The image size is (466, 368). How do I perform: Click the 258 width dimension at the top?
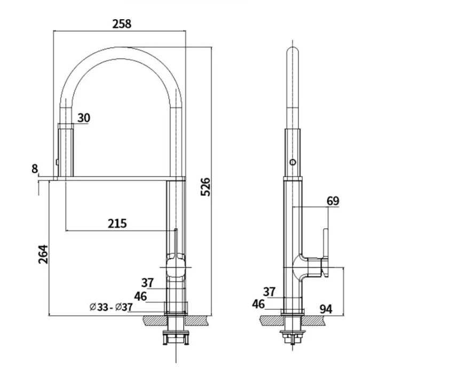coord(122,23)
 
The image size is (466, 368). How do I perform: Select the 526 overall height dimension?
coord(206,186)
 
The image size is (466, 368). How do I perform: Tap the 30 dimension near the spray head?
coord(84,118)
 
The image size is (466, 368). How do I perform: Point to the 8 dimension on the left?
coord(35,169)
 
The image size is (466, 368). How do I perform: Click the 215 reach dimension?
coord(117,223)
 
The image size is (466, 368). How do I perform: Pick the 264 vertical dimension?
coord(43,254)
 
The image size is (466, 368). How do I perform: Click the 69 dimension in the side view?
coord(333,201)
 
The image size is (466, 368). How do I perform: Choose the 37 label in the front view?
coord(148,283)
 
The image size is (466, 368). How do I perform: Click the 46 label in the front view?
coord(140,296)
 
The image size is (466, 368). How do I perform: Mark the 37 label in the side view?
coord(270,291)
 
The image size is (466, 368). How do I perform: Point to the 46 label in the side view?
coord(258,304)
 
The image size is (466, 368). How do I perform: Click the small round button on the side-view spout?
coord(292,162)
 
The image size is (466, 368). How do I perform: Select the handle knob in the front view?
coord(175,260)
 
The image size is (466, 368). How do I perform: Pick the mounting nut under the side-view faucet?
coord(292,336)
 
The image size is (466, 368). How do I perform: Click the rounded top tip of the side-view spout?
coord(292,52)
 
